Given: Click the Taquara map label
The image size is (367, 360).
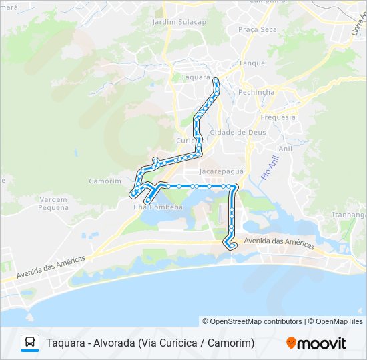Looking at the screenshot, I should pyautogui.click(x=196, y=77).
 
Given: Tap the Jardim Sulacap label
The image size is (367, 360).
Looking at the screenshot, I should pyautogui.click(x=179, y=22).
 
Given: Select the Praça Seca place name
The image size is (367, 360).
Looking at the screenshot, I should pyautogui.click(x=258, y=30).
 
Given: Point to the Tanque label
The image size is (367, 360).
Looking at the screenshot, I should pyautogui.click(x=252, y=64).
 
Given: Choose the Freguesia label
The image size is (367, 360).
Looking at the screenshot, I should pyautogui.click(x=278, y=117).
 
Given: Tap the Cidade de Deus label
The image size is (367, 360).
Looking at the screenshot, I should pyautogui.click(x=238, y=133).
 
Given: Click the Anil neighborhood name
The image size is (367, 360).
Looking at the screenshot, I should pyautogui.click(x=286, y=149).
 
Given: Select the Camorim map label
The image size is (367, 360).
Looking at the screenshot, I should pyautogui.click(x=105, y=181).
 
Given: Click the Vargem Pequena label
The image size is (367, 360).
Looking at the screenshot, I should pyautogui.click(x=54, y=203).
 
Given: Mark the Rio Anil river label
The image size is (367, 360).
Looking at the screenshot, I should pyautogui.click(x=269, y=166).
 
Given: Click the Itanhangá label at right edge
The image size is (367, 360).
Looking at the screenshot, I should pyautogui.click(x=350, y=215).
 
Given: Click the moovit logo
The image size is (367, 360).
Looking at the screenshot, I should pyautogui.click(x=316, y=343).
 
